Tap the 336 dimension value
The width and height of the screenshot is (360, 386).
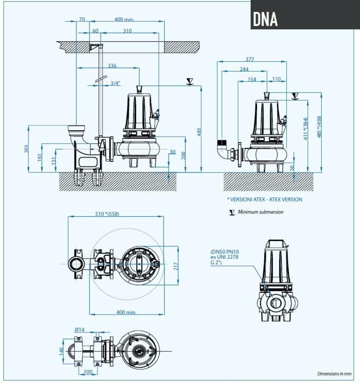112,66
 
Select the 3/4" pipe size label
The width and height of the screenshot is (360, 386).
115,83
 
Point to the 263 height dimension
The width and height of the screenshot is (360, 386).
26,149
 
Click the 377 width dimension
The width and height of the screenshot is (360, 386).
250,59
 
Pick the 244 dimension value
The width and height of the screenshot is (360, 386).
244,69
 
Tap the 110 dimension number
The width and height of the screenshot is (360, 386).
276,80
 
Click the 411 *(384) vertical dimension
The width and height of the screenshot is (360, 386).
306,129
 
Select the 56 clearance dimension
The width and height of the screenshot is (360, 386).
292,167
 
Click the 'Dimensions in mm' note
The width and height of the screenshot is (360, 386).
334,374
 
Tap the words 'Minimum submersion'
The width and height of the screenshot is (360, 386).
260,212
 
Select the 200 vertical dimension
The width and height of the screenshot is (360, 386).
184,155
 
